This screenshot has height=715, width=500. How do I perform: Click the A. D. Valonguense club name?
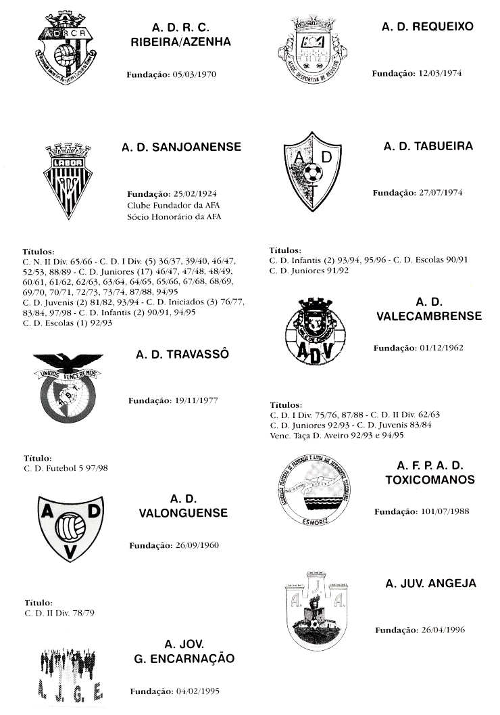coord(183,506)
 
